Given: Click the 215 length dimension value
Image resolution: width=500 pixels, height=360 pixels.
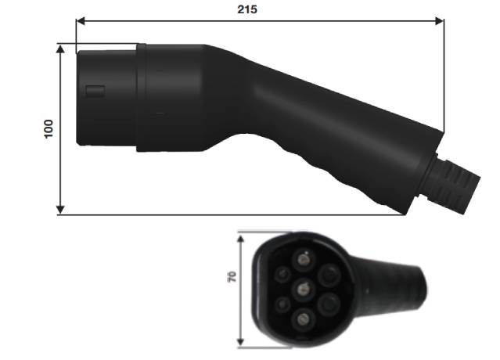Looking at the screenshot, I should [248, 9].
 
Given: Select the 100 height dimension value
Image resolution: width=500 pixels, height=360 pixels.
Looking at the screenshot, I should [49, 128].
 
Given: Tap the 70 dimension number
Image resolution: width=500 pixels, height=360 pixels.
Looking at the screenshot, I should [232, 278].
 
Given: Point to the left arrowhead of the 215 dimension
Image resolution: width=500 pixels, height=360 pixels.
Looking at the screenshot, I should [80, 22].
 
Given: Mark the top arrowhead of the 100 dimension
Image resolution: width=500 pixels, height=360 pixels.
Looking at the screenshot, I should [61, 48].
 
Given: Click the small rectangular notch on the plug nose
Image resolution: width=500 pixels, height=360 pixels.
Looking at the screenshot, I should [95, 92].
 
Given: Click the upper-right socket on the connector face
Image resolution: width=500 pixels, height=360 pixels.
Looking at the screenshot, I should [328, 273].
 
